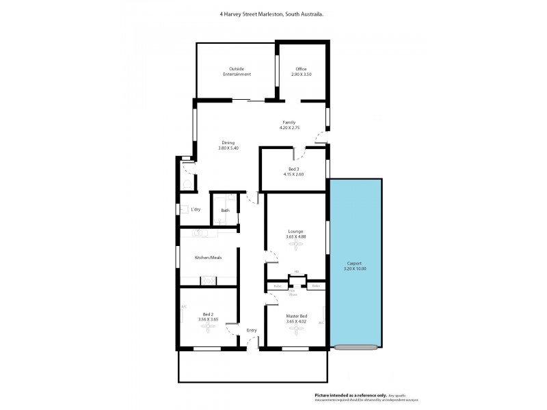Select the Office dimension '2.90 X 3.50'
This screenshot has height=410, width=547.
tap(301, 74)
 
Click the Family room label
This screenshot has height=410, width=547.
tap(289, 122)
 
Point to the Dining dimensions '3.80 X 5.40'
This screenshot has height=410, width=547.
tap(227, 148)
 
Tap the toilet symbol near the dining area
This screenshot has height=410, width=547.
tap(185, 184)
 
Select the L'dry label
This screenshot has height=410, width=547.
tap(196, 209)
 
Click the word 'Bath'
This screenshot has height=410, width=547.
tap(225, 210)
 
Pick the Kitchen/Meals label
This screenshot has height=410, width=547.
tap(208, 258)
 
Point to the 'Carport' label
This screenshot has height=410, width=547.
tap(354, 263)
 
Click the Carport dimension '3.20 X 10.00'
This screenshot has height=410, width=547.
tap(354, 269)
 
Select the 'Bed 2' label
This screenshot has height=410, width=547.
tap(208, 314)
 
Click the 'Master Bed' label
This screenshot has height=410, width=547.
tap(295, 315)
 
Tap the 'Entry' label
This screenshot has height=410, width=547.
tap(252, 331)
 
